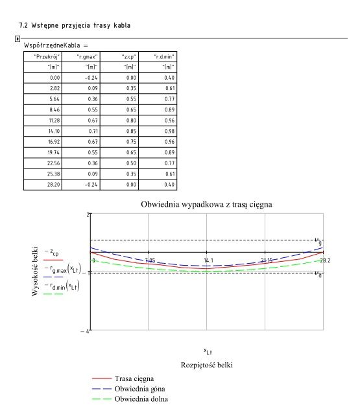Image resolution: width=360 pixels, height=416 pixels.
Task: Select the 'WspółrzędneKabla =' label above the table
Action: (x=55, y=47)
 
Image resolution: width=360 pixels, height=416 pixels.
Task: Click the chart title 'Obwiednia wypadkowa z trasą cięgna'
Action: (x=206, y=205)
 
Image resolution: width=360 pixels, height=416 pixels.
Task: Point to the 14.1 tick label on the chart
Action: (x=208, y=260)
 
